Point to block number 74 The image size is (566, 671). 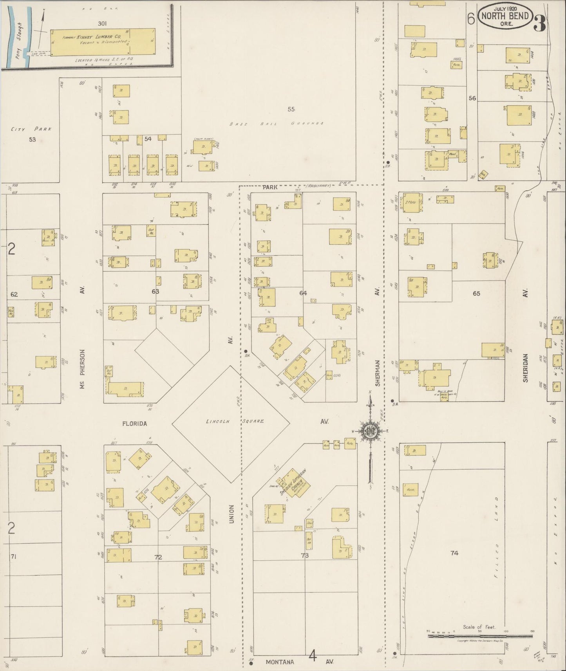[454, 553]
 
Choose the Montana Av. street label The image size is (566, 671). [280, 662]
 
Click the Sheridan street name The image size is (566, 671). [525, 368]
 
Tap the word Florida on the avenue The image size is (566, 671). [134, 424]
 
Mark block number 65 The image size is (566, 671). [476, 293]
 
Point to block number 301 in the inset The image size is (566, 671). [103, 23]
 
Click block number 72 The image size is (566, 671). [158, 557]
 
